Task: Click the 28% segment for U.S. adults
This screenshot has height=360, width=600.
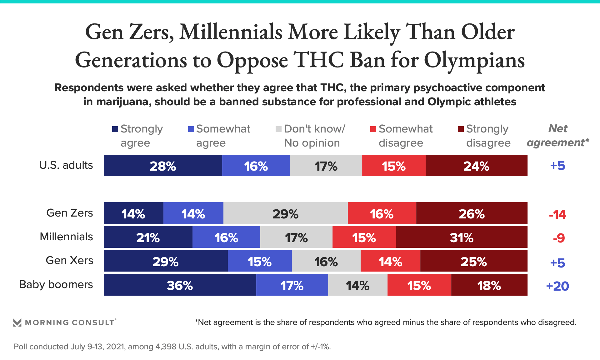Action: coord(163,166)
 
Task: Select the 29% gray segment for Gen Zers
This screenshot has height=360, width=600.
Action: coord(285,213)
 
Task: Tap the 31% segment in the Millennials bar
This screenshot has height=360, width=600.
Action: coord(462,237)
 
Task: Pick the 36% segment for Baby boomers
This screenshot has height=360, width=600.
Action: coord(180,285)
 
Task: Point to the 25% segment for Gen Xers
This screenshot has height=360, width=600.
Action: coord(474,261)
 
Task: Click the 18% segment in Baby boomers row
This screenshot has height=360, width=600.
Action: coord(489,285)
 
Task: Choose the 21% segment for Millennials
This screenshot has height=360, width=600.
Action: coord(148,237)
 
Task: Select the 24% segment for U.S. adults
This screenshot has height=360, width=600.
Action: coord(476,166)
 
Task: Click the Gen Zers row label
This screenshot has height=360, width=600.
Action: coord(69,213)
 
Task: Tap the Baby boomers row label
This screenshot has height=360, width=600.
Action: coord(56,284)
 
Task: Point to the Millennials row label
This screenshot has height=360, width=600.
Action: coord(66,237)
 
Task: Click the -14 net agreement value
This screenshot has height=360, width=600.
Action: coord(557,214)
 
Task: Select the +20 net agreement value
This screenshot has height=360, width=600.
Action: coord(557,286)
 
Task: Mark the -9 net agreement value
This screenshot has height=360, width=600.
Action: coord(559,238)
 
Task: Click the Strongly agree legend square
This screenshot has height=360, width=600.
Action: coord(115,129)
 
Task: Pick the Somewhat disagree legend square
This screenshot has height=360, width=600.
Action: coord(373,129)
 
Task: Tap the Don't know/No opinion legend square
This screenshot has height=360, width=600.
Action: coord(278,129)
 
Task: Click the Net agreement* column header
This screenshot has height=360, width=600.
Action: coord(558,135)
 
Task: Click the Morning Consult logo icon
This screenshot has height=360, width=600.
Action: coord(17,322)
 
